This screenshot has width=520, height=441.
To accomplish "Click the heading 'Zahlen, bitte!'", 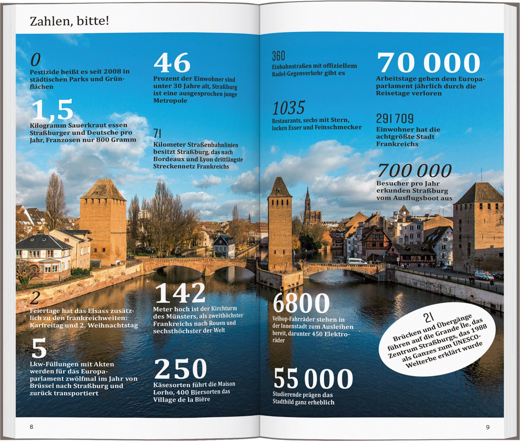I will [x=69, y=21].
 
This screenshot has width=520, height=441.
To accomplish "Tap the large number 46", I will [x=172, y=63].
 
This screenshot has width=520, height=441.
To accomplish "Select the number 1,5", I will [x=52, y=109].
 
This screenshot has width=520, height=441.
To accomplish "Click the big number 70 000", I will [x=428, y=63].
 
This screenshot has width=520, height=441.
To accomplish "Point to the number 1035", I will [x=288, y=108].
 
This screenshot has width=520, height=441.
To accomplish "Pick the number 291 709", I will [x=395, y=119].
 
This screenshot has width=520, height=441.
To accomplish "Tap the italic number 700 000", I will [x=415, y=171].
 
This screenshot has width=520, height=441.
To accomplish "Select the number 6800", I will [x=301, y=303].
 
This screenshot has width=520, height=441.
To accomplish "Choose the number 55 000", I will [x=313, y=378].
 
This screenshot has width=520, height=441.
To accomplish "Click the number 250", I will [x=180, y=369].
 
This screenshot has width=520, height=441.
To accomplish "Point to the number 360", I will [x=278, y=56].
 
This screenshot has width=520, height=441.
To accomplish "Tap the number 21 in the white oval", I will [x=428, y=317].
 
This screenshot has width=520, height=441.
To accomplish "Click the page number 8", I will [x=32, y=427].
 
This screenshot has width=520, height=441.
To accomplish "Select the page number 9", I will [x=488, y=427].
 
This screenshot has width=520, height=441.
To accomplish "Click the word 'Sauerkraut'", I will [x=88, y=125].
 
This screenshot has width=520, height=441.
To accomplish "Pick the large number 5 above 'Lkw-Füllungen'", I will [x=39, y=349].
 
